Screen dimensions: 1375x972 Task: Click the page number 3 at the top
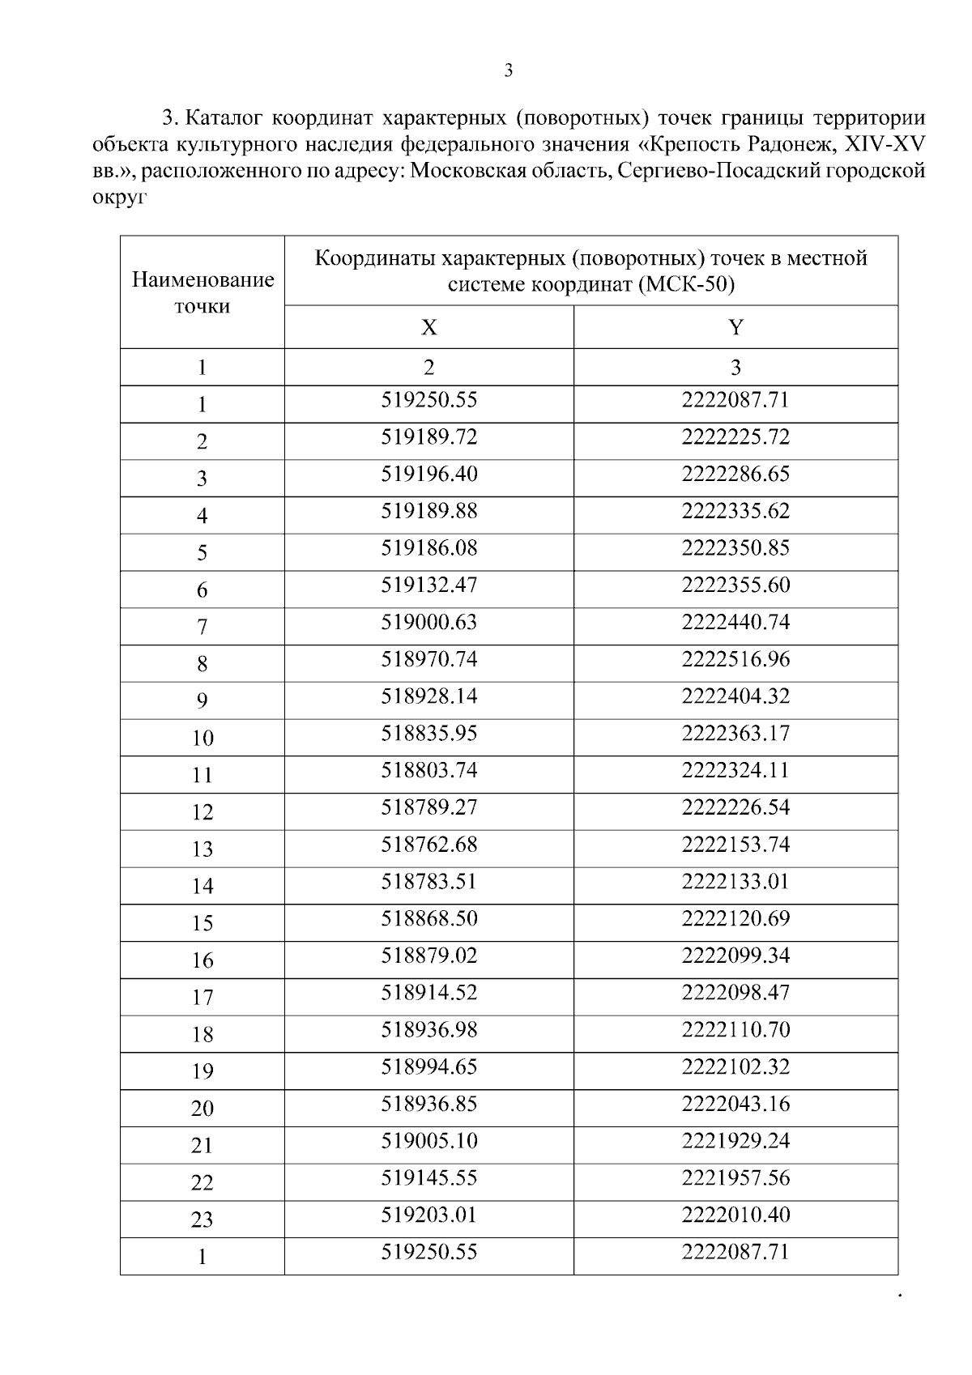click(509, 71)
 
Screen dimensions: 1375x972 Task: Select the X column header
click(428, 327)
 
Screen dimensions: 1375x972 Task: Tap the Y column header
click(735, 327)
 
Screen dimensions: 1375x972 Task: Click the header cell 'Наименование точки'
click(202, 293)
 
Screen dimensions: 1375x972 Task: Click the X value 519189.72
click(429, 437)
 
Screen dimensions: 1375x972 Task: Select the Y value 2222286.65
click(735, 475)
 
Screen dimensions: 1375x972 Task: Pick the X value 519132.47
click(429, 585)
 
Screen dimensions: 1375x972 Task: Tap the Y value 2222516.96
click(735, 660)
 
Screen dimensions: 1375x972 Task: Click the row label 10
click(202, 739)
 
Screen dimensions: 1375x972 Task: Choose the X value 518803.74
click(429, 771)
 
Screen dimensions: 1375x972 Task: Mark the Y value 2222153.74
click(735, 845)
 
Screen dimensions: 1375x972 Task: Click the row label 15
click(202, 924)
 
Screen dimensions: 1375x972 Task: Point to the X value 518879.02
click(429, 956)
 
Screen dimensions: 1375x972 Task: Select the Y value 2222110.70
click(735, 1031)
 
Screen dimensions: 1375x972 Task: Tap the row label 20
click(202, 1109)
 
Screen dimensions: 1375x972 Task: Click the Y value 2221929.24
click(735, 1142)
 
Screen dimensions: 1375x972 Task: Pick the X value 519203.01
click(429, 1215)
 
